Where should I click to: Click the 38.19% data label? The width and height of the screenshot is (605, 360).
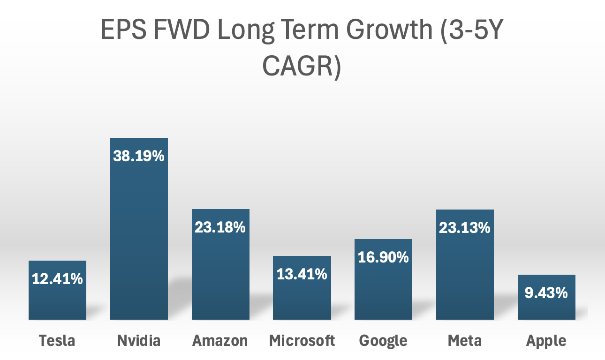139,156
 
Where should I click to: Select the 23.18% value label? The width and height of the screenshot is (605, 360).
220,228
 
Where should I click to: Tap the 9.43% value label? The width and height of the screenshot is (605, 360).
546,293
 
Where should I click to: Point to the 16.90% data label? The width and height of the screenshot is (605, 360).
383,257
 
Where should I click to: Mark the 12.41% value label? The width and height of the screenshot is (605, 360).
57,279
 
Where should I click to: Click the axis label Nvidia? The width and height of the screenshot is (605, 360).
139,341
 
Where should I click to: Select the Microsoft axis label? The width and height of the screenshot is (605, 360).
302,341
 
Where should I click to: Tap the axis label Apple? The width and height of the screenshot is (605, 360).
546,341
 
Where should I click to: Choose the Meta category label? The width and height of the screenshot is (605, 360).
465,341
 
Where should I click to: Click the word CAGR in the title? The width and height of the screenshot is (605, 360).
301,67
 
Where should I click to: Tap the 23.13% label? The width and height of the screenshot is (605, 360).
465,228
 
